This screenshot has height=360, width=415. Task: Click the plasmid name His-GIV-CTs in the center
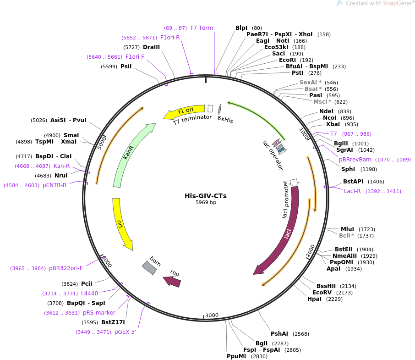206,196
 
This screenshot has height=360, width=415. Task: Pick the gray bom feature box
149,267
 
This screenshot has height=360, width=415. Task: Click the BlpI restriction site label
241,28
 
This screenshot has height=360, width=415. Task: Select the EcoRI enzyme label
287,60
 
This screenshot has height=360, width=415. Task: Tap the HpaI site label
314,299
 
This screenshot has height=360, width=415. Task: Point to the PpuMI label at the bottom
236,356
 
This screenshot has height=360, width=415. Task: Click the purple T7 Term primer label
202,28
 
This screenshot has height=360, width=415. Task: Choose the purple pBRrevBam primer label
355,160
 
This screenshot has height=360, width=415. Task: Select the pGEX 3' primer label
125,332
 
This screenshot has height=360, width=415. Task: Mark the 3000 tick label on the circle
212,315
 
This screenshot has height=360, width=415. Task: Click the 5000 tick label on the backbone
102,142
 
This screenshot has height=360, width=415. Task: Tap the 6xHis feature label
225,120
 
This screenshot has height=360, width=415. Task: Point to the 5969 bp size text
206,202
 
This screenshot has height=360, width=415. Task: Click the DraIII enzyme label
152,47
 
